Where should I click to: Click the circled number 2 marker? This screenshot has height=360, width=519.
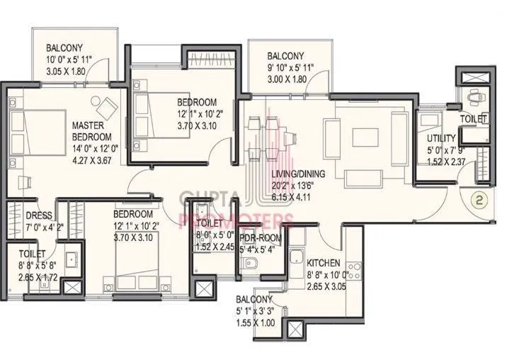tap(478, 201)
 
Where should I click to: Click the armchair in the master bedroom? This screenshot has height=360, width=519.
tap(108, 108)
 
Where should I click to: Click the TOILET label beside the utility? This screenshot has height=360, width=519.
tap(474, 119)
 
